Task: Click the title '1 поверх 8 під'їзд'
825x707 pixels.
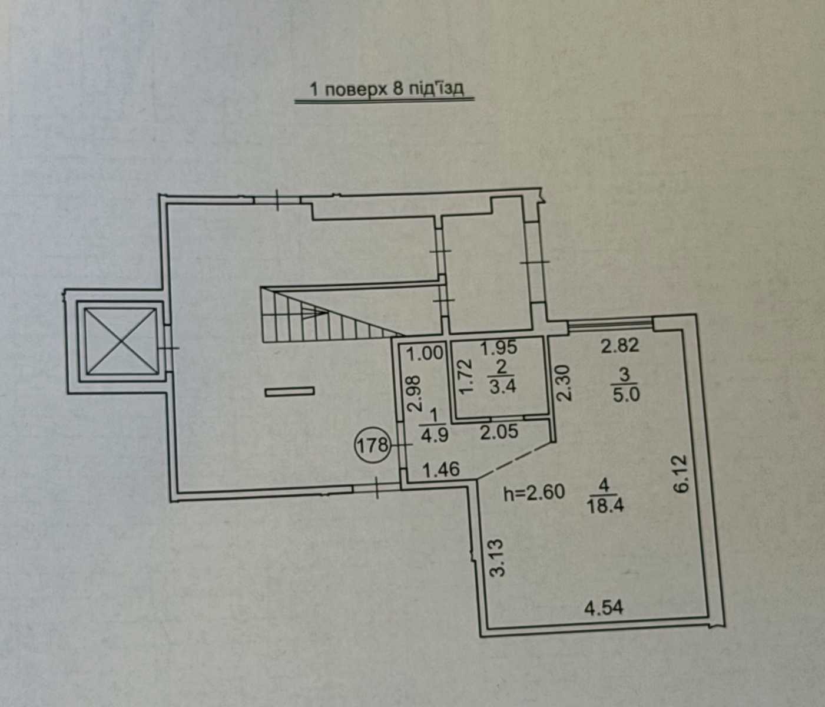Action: pos(387,89)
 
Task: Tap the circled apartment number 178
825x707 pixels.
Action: pos(372,445)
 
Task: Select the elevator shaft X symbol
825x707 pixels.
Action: pos(121,341)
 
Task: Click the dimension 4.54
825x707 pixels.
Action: pos(604,609)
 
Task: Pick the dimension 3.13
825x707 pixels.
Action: pos(498,557)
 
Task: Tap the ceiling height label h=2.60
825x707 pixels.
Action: pos(534,493)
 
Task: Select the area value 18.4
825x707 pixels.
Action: pos(605,507)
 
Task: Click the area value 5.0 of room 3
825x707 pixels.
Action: pos(626,394)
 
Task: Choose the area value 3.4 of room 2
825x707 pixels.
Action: pos(503,386)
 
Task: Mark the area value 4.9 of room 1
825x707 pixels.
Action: pos(435,435)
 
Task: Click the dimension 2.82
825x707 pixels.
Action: pos(620,346)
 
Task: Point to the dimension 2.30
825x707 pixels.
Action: pos(565,383)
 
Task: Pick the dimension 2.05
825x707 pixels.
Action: pos(499,432)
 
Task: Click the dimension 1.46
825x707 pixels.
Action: pos(442,470)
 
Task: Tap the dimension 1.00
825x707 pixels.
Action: pos(425,353)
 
